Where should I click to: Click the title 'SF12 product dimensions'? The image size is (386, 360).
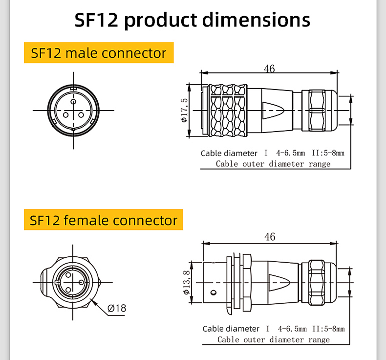(193, 21)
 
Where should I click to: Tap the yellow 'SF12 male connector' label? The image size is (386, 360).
(99, 53)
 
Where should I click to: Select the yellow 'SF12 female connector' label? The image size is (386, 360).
(103, 220)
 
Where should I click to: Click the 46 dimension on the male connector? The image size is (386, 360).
(269, 68)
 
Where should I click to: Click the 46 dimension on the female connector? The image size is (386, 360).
(270, 237)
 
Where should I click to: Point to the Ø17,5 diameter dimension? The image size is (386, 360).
(184, 111)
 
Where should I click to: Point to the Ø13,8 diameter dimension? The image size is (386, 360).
(186, 283)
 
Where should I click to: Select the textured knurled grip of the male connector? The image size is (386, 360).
(227, 111)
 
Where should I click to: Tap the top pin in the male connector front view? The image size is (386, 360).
(73, 101)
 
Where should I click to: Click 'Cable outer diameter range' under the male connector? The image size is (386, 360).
(273, 164)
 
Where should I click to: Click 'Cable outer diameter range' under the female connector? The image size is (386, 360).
(274, 339)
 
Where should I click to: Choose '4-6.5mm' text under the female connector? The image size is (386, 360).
(292, 329)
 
